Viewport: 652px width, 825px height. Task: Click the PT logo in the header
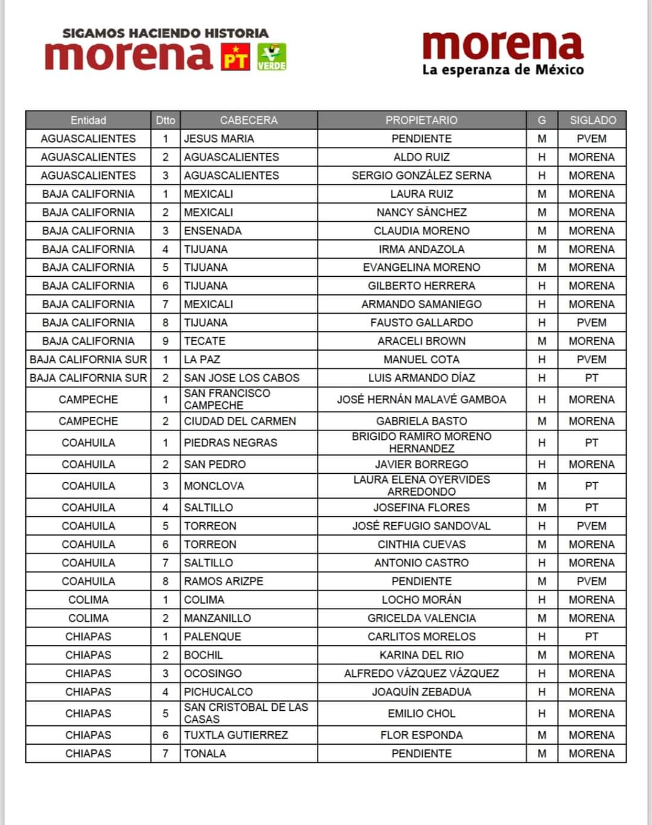coord(235,57)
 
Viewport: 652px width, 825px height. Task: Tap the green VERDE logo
coord(272,57)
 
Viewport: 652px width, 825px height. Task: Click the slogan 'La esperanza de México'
coord(503,70)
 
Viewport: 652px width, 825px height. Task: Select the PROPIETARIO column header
coord(421,120)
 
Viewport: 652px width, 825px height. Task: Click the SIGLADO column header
coord(592,120)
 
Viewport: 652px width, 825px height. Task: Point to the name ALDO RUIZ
coord(421,157)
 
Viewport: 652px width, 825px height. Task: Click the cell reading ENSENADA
coord(213,231)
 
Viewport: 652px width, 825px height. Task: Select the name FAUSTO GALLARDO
coord(421,323)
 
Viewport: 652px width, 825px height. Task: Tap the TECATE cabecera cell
coord(205,341)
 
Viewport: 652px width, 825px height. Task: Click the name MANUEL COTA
coord(421,360)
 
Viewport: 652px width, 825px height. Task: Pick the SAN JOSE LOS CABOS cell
coord(241,378)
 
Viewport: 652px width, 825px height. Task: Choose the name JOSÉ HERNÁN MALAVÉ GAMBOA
coord(421,400)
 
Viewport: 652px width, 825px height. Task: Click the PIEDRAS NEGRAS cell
coord(231,443)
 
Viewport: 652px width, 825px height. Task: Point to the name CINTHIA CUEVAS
coord(421,545)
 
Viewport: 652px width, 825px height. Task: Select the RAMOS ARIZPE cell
coord(223,581)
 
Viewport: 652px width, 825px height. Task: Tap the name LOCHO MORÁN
coord(421,600)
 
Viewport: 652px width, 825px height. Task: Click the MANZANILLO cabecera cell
coord(217,618)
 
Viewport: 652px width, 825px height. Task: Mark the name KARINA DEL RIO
coord(421,655)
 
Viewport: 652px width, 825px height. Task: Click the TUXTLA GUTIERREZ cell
coord(236,735)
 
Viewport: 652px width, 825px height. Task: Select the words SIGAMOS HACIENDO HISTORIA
coord(165,33)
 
